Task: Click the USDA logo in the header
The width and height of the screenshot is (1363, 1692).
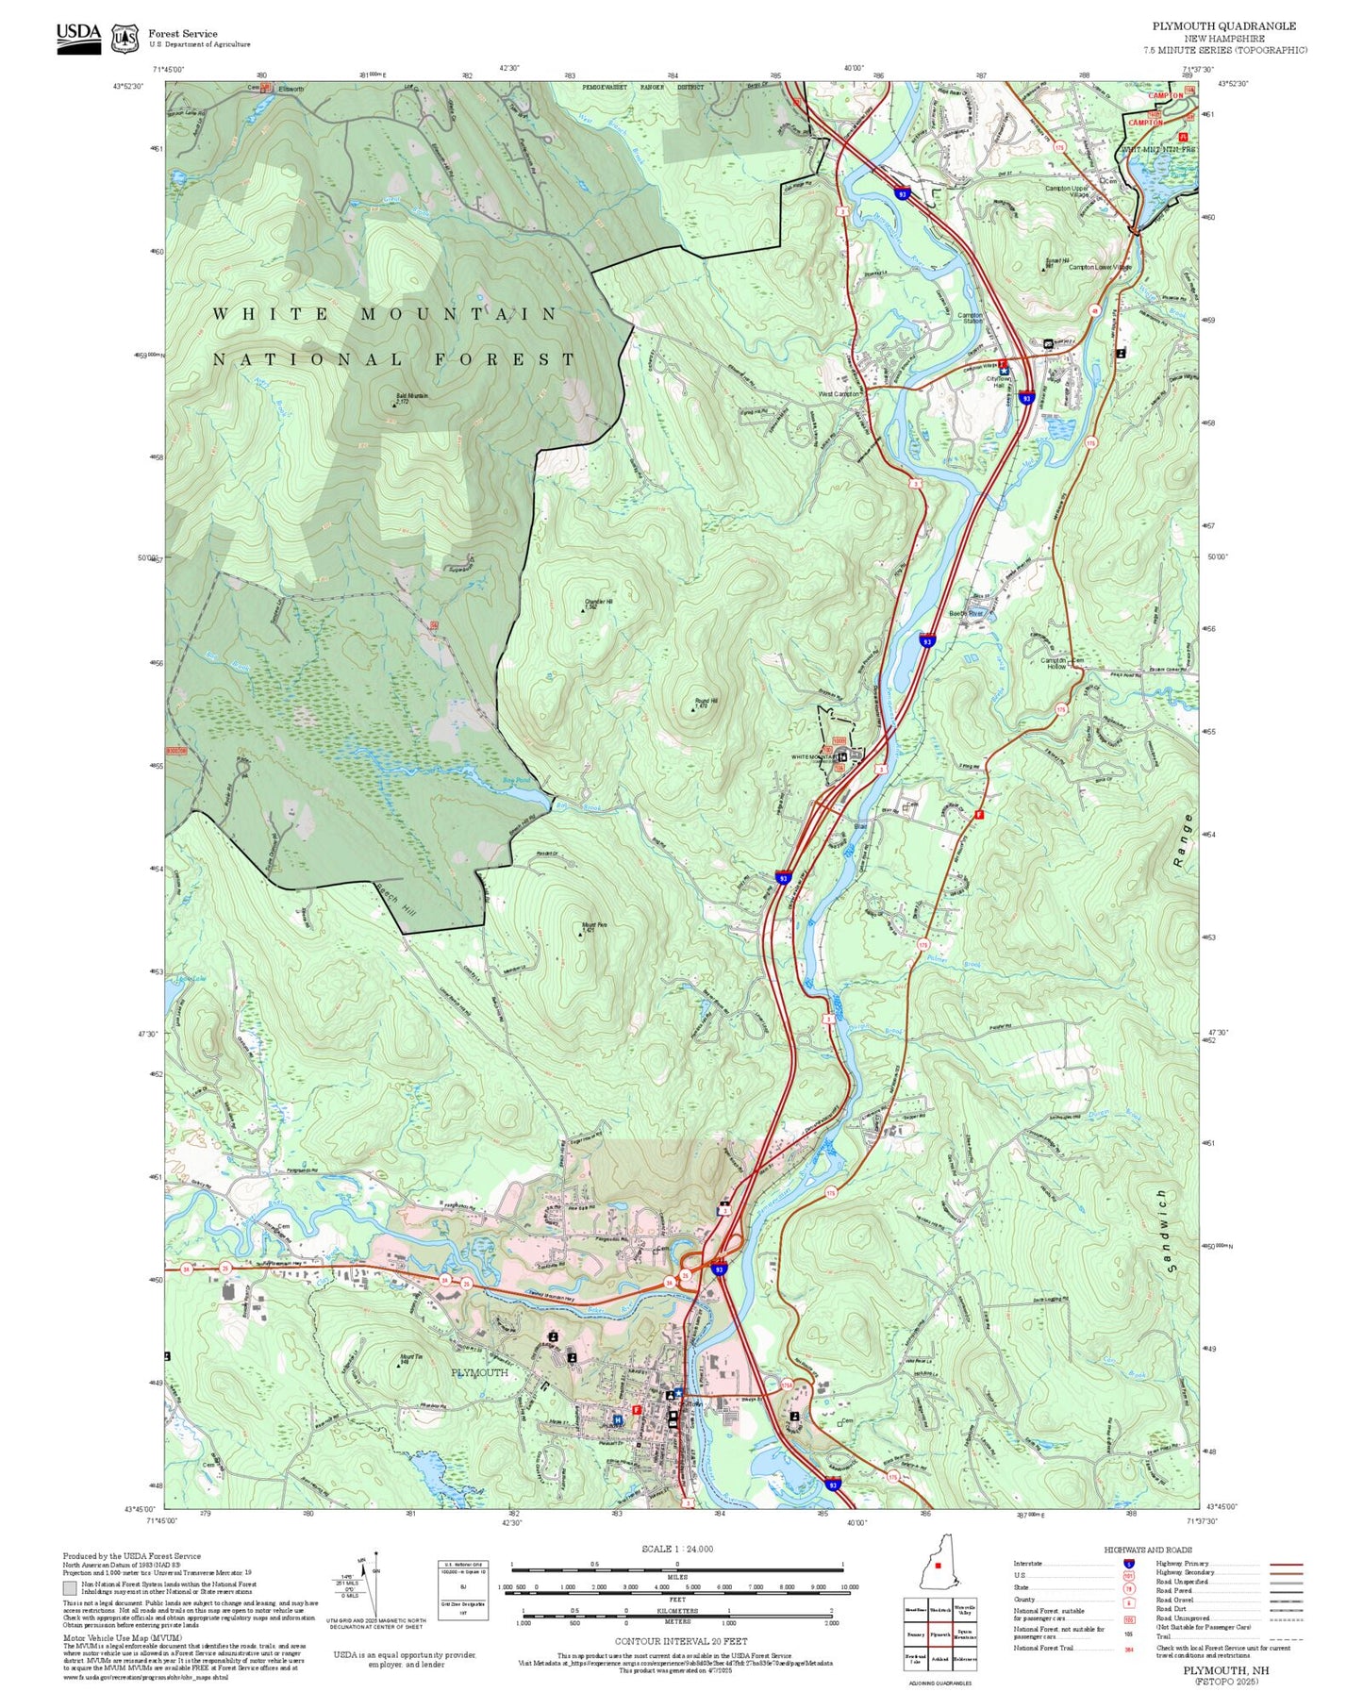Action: (x=78, y=38)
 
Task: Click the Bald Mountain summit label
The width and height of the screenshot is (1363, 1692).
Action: (x=410, y=397)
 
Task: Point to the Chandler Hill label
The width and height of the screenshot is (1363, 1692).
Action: (x=598, y=602)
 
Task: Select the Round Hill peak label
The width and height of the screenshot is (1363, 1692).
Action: (x=706, y=702)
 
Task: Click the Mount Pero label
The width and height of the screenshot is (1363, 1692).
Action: (x=593, y=926)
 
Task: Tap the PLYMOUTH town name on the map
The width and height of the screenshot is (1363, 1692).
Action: (x=479, y=1372)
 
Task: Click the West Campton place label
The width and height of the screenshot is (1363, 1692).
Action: (x=838, y=394)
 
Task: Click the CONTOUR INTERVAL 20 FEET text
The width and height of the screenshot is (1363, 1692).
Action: (x=680, y=1642)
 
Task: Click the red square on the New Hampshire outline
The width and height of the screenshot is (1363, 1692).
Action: (x=939, y=1568)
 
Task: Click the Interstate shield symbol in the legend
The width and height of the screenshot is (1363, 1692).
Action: (x=1128, y=1564)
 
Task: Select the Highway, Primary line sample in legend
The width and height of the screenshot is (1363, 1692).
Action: (x=1286, y=1564)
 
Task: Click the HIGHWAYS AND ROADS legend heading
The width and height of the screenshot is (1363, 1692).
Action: (x=1148, y=1550)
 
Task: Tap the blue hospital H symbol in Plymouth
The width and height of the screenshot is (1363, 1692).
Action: (x=618, y=1420)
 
